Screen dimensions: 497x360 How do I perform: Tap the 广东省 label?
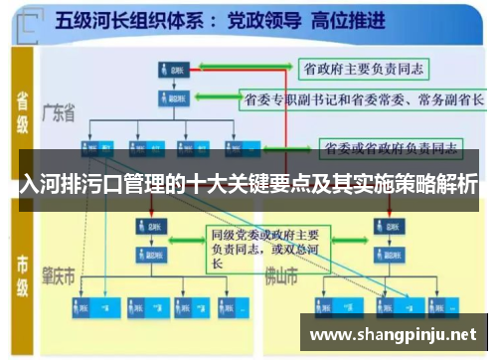[60, 113]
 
